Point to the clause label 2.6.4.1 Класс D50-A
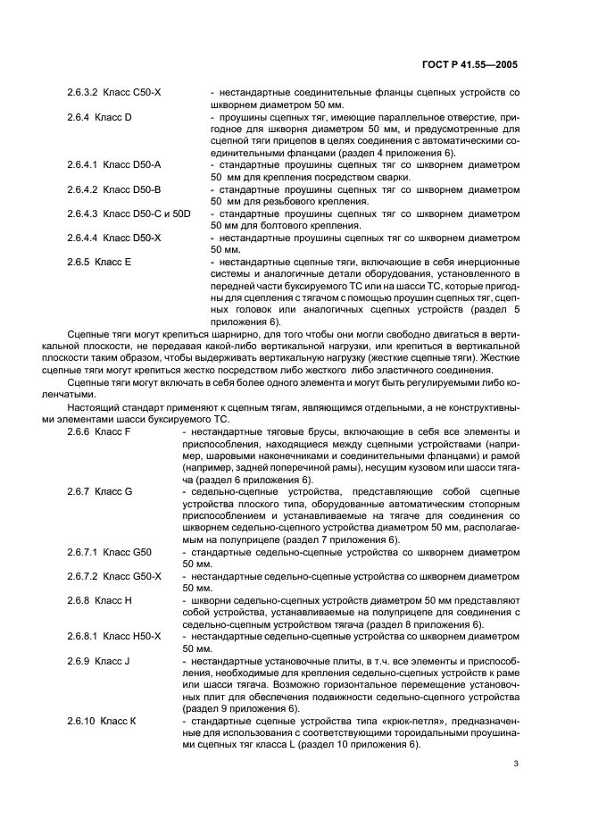point(113,165)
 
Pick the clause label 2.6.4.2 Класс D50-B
point(113,190)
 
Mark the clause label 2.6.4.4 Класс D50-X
point(113,238)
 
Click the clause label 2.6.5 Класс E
point(99,263)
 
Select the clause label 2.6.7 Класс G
point(100,492)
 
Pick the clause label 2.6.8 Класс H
point(100,601)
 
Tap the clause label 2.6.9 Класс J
point(99,661)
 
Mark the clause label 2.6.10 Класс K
point(101,722)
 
